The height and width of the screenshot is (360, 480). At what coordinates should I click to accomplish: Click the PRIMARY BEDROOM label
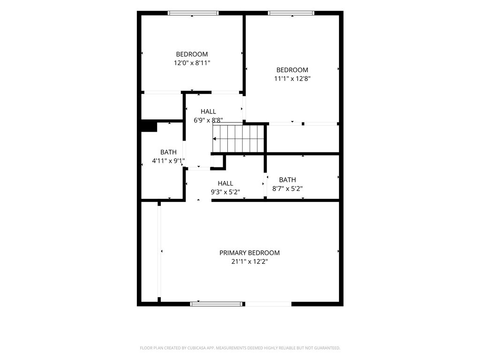click(249, 253)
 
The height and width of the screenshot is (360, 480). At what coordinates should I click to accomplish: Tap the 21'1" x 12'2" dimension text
click(249, 262)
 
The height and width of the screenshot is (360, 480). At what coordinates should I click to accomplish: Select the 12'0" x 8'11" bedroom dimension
click(192, 63)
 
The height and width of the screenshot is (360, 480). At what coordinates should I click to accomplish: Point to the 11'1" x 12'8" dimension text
click(292, 79)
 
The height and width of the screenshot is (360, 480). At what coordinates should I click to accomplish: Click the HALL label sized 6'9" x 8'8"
click(208, 112)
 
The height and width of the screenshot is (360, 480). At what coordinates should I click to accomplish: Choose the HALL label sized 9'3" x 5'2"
click(225, 184)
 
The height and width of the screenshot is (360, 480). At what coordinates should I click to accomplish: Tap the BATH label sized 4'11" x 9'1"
click(168, 152)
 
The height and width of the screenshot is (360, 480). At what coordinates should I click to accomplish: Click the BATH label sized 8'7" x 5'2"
click(287, 180)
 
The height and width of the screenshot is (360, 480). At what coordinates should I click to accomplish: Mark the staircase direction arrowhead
click(214, 139)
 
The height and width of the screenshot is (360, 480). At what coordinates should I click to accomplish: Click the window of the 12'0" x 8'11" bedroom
click(193, 13)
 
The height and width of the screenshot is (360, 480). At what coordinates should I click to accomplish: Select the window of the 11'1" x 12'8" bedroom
click(291, 13)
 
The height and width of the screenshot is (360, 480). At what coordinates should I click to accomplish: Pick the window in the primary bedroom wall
click(216, 304)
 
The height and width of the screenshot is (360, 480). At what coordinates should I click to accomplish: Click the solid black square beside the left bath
click(149, 127)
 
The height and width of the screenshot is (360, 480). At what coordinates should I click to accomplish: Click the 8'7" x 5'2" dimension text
click(287, 189)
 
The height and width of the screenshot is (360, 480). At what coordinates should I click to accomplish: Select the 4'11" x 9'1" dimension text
click(168, 161)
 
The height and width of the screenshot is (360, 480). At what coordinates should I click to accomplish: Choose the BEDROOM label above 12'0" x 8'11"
click(192, 54)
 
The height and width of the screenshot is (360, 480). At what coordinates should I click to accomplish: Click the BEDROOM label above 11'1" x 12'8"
click(292, 70)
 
